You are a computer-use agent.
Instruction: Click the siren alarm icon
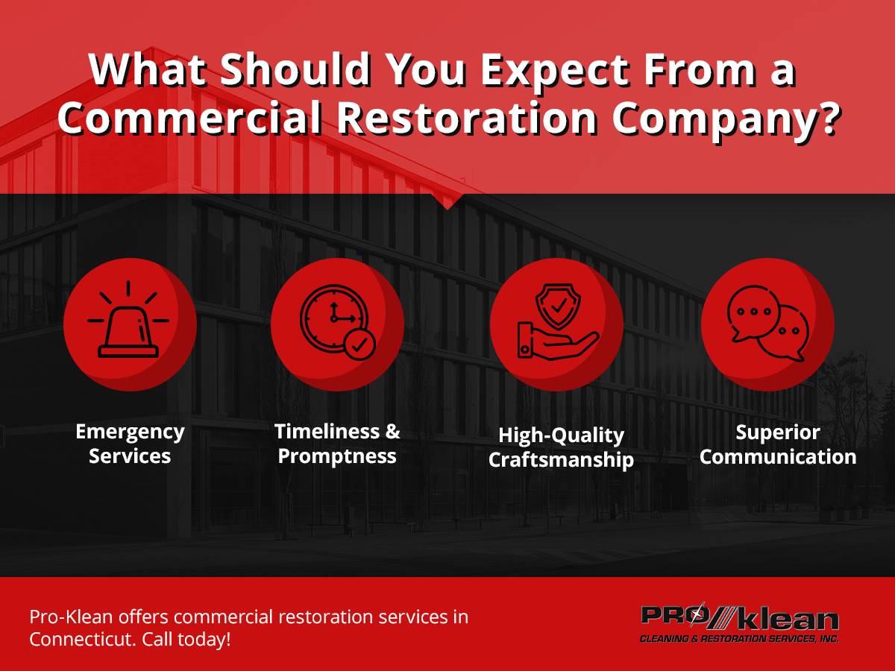(128, 324)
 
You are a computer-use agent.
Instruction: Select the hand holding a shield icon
(557, 324)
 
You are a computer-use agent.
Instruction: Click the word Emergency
(130, 432)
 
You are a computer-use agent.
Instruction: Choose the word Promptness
(337, 456)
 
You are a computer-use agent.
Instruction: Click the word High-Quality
(561, 435)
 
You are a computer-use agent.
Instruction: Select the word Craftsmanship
(561, 459)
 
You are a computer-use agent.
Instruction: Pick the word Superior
(778, 432)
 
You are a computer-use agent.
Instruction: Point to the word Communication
(778, 457)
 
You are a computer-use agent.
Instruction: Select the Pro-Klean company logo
(739, 623)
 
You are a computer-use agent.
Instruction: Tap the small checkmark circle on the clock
(359, 345)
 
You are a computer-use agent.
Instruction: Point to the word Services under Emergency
(130, 456)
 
